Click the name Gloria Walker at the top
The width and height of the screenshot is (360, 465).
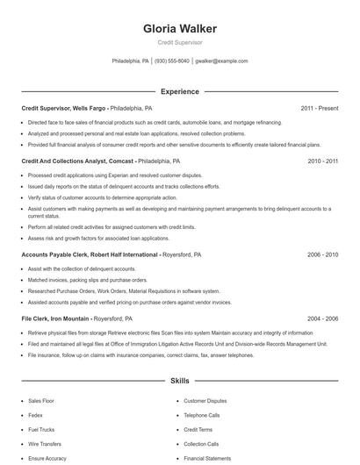tap(179, 29)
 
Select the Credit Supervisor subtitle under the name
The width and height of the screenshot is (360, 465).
tap(179, 42)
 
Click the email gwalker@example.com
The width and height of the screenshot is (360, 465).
tap(221, 61)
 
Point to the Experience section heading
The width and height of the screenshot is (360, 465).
tap(179, 91)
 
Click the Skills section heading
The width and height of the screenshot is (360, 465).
tap(179, 382)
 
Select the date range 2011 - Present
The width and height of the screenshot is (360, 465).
tap(320, 108)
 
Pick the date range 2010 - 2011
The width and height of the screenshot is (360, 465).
tap(322, 161)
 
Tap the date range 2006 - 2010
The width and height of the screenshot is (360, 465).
tap(322, 254)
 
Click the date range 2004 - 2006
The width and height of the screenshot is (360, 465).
tap(322, 318)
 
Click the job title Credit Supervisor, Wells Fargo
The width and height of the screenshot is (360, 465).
tap(64, 108)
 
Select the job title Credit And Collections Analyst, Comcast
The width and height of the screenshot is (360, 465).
tap(77, 161)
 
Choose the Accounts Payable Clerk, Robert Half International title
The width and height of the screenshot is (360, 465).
tap(90, 254)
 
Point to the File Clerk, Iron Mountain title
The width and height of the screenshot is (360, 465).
tap(55, 318)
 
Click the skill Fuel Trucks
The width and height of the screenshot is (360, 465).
tap(40, 429)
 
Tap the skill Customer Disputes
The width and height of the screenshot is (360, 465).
tap(204, 400)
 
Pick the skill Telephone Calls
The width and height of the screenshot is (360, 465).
tap(202, 414)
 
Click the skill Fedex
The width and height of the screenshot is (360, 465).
tap(35, 414)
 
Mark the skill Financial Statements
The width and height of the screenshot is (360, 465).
tap(207, 458)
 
